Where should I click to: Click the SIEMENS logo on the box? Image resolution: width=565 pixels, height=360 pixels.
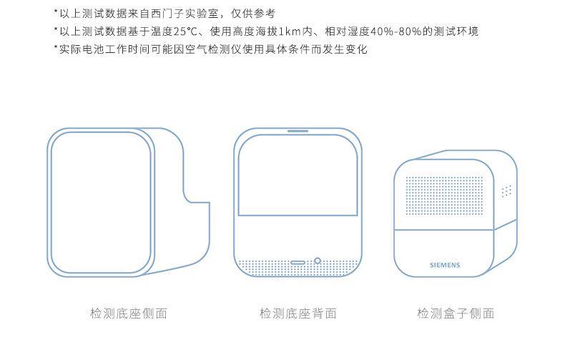(x=445, y=264)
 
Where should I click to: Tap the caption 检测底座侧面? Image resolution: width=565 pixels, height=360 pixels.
(x=129, y=313)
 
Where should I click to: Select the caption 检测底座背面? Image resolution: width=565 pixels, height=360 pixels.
(x=298, y=313)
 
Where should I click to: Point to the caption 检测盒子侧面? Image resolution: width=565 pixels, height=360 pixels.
(x=456, y=313)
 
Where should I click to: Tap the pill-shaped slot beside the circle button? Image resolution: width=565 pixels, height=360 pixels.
(x=299, y=263)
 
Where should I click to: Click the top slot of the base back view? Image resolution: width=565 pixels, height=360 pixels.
(x=298, y=131)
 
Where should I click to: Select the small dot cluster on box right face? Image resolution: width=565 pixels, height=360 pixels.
(x=506, y=191)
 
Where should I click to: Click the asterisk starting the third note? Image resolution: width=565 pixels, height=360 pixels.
(x=56, y=48)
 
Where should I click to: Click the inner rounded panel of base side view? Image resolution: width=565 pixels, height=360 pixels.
(x=101, y=202)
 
